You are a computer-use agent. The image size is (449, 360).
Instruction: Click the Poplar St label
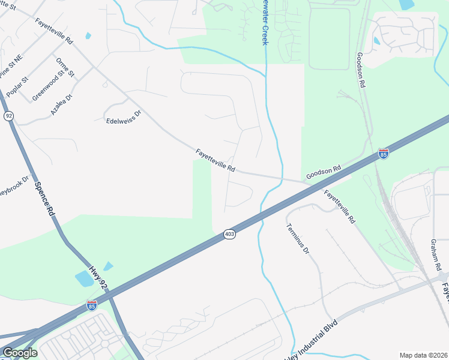[17, 87]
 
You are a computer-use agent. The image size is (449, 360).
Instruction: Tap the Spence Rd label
[44, 199]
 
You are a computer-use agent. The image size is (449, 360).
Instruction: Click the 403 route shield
[229, 234]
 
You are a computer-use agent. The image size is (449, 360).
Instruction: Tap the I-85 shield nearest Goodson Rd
[384, 154]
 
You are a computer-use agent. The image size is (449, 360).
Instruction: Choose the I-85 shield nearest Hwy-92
[91, 305]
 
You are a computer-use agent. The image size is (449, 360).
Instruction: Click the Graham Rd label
[436, 254]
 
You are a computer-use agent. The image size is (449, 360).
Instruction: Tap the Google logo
[20, 352]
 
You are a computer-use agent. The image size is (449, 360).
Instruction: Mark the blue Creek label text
[265, 24]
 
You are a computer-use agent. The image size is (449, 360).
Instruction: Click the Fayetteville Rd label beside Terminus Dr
[340, 206]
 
